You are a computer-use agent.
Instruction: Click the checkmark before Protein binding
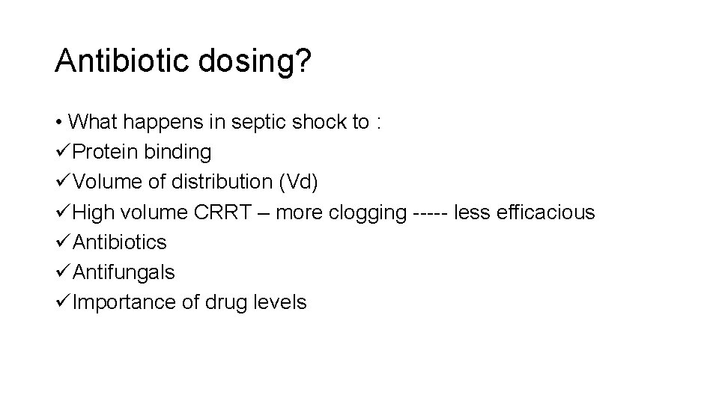63,153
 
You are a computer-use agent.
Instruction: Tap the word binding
179,153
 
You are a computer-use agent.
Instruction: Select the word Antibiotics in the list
121,242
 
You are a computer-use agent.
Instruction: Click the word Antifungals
124,272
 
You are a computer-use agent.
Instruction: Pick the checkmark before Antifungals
63,272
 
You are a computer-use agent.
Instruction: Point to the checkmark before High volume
63,212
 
